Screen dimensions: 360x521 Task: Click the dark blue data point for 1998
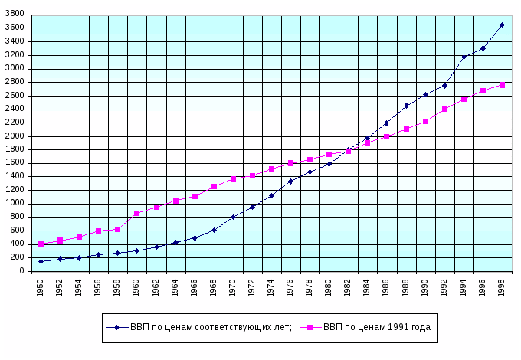(502, 25)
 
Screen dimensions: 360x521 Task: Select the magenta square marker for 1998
(502, 85)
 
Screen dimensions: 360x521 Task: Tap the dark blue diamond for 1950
(41, 261)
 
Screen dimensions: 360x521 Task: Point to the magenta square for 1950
(41, 244)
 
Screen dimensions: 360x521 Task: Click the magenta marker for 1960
(136, 213)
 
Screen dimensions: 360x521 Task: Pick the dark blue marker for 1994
(464, 57)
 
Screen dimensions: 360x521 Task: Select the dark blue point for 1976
(290, 182)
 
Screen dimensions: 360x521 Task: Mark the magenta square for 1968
(214, 186)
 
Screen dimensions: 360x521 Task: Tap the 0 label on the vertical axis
(25, 271)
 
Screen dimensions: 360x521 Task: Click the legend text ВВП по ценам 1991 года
(377, 327)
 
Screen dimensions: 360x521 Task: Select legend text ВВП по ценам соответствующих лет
(210, 327)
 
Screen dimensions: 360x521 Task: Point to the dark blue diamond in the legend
(116, 327)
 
